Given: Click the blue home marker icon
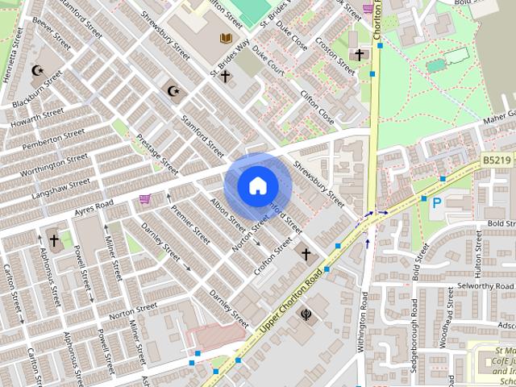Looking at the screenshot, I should (257, 185).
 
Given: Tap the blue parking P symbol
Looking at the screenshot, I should (436, 203).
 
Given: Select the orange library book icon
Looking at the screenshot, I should (226, 38).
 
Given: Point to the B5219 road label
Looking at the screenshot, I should (498, 161).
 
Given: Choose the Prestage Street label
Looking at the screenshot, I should (157, 154).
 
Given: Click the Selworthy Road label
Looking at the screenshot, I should (485, 287).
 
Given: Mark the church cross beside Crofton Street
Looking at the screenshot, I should (306, 255).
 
